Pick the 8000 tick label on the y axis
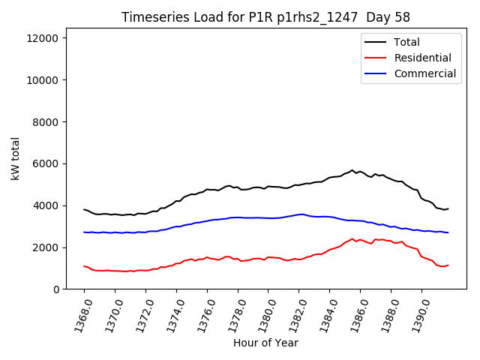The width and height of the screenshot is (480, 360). (x=52, y=122)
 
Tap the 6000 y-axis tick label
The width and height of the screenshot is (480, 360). (x=52, y=164)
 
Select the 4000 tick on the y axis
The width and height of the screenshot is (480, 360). (x=52, y=205)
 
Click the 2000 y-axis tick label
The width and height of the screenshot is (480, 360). (x=52, y=247)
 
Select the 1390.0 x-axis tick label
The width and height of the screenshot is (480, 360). (x=418, y=315)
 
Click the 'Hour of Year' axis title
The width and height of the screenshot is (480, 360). (x=265, y=343)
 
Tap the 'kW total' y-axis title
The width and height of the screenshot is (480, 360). (x=16, y=163)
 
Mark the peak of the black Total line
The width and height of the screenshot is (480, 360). (x=352, y=170)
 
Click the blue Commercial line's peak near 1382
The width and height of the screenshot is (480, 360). (x=301, y=214)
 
